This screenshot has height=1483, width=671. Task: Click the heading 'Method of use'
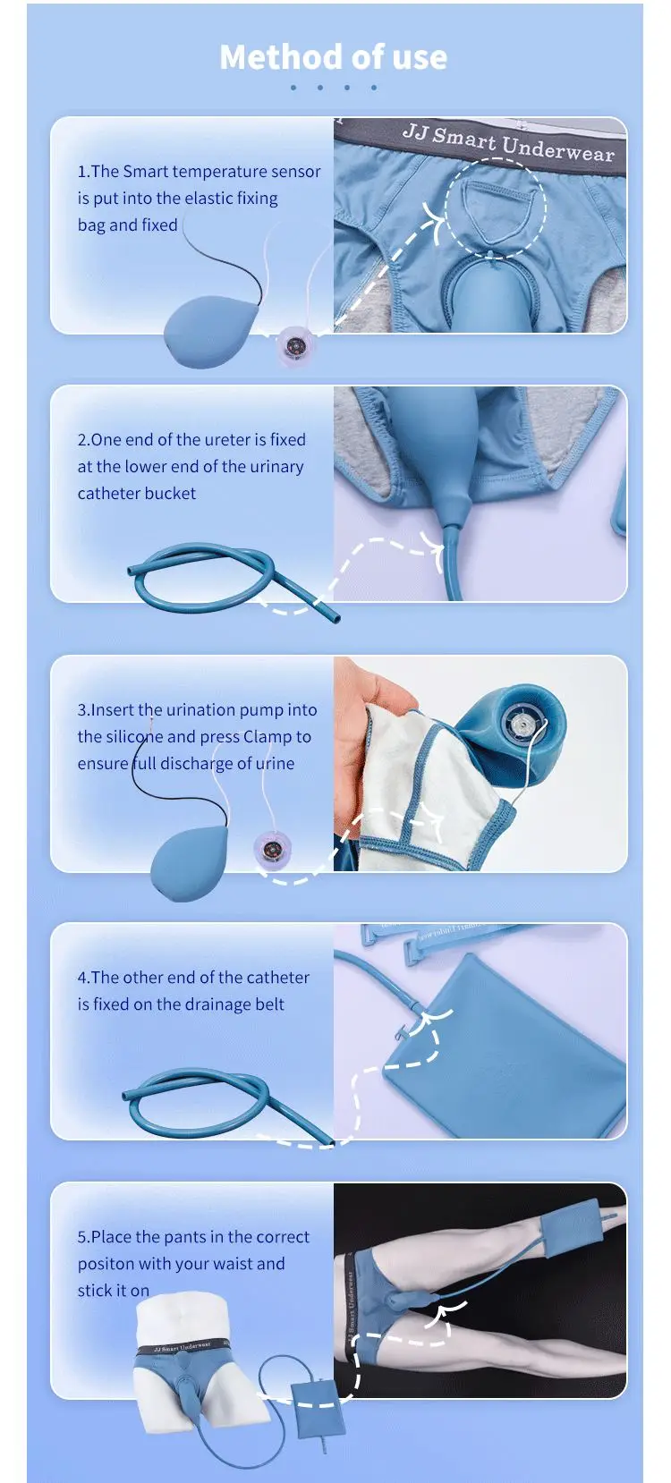coord(333,57)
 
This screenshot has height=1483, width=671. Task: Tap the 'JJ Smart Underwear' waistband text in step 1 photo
coord(507,143)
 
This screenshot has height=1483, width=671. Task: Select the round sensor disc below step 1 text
coord(294,345)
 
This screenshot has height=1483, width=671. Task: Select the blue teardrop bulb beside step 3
coord(188,864)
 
